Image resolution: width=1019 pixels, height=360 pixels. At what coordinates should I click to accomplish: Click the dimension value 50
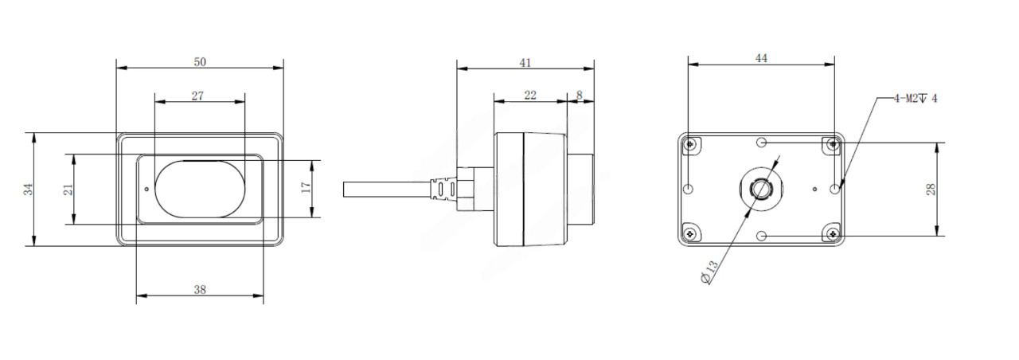point(200,62)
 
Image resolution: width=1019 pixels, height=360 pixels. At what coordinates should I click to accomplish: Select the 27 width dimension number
point(197,96)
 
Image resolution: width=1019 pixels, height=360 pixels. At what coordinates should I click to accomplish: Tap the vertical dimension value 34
point(29,190)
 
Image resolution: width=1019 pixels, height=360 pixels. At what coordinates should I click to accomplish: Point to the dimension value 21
point(68,190)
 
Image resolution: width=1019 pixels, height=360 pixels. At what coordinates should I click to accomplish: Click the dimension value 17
point(306,187)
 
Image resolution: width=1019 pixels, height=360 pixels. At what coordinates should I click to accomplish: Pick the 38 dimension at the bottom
point(200,289)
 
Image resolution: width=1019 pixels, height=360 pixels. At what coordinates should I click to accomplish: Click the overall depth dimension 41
point(525,63)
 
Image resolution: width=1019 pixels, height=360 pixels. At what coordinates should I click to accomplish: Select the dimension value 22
point(530,95)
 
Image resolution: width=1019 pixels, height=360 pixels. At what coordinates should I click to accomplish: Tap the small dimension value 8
point(579,95)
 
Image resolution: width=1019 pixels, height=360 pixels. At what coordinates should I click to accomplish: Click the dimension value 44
point(761,58)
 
